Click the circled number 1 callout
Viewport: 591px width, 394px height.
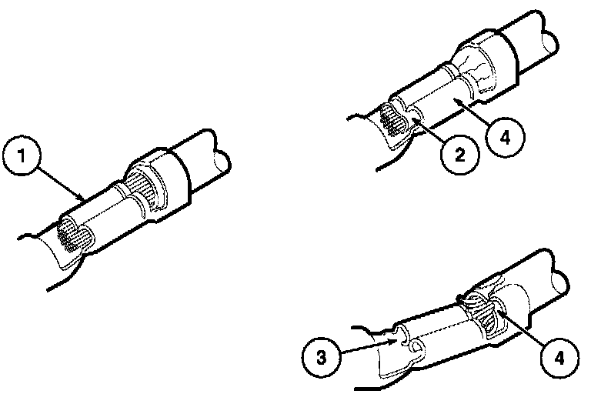click(21, 156)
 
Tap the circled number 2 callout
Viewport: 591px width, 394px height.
click(460, 155)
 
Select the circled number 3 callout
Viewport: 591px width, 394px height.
click(321, 356)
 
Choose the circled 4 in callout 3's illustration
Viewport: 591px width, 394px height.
click(560, 358)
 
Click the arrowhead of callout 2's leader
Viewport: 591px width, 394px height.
click(416, 120)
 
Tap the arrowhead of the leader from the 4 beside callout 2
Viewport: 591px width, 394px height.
click(456, 100)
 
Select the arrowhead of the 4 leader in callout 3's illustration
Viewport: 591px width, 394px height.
click(499, 311)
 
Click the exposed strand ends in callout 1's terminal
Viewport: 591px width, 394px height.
click(74, 237)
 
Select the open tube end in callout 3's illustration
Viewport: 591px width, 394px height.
click(560, 282)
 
